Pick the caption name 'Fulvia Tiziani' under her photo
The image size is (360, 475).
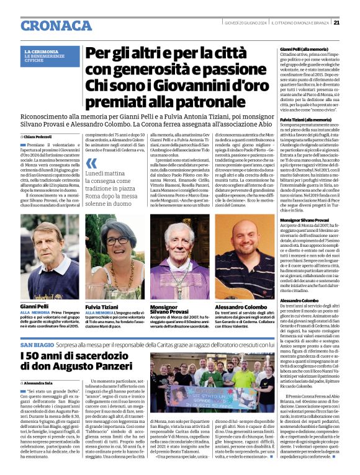pos(102,306)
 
